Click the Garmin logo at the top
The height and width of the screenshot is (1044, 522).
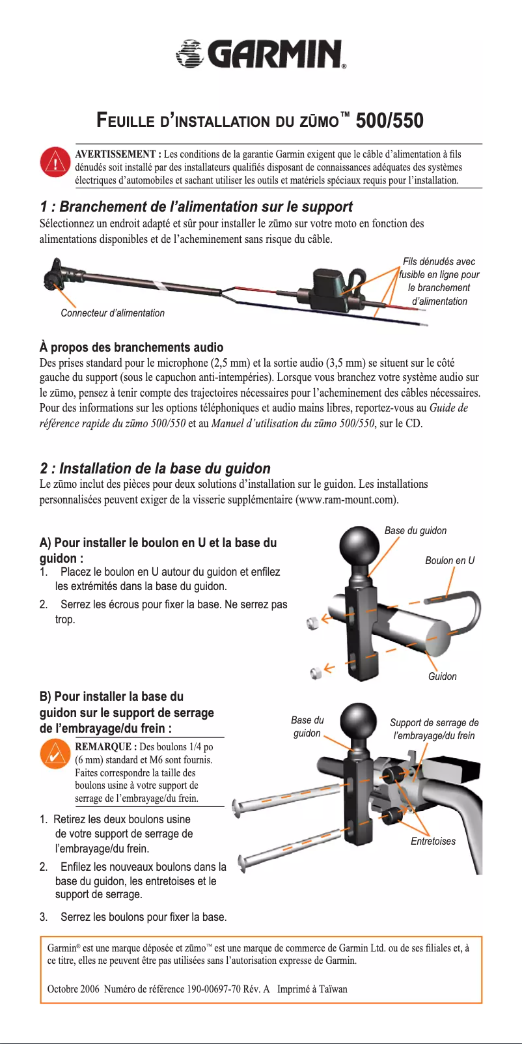pyautogui.click(x=261, y=53)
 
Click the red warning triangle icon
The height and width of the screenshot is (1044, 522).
pyautogui.click(x=55, y=162)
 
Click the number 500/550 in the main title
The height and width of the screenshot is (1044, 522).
pyautogui.click(x=389, y=120)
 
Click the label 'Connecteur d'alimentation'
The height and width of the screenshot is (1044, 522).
pyautogui.click(x=113, y=313)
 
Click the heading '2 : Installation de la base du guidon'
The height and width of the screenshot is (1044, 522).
pyautogui.click(x=155, y=468)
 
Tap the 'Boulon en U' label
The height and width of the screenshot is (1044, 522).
pyautogui.click(x=450, y=561)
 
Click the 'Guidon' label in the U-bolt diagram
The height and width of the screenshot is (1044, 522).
pyautogui.click(x=442, y=677)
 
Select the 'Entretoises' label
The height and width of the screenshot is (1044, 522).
pyautogui.click(x=433, y=841)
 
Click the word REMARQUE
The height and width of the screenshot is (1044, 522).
pyautogui.click(x=105, y=747)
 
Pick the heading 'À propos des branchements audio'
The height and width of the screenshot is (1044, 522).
pyautogui.click(x=131, y=347)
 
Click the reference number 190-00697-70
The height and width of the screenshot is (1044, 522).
pyautogui.click(x=214, y=989)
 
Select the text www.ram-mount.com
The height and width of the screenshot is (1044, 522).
pyautogui.click(x=346, y=500)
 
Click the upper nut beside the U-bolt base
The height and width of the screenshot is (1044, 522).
pyautogui.click(x=313, y=623)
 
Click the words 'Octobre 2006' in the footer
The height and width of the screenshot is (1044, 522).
pyautogui.click(x=73, y=989)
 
